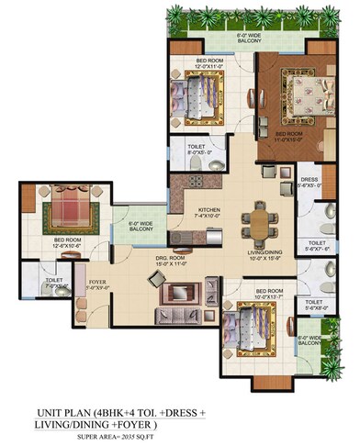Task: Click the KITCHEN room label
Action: tap(209, 212)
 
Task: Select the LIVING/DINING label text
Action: tap(264, 255)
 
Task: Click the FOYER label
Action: tap(96, 284)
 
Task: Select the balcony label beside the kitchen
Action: tap(141, 226)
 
